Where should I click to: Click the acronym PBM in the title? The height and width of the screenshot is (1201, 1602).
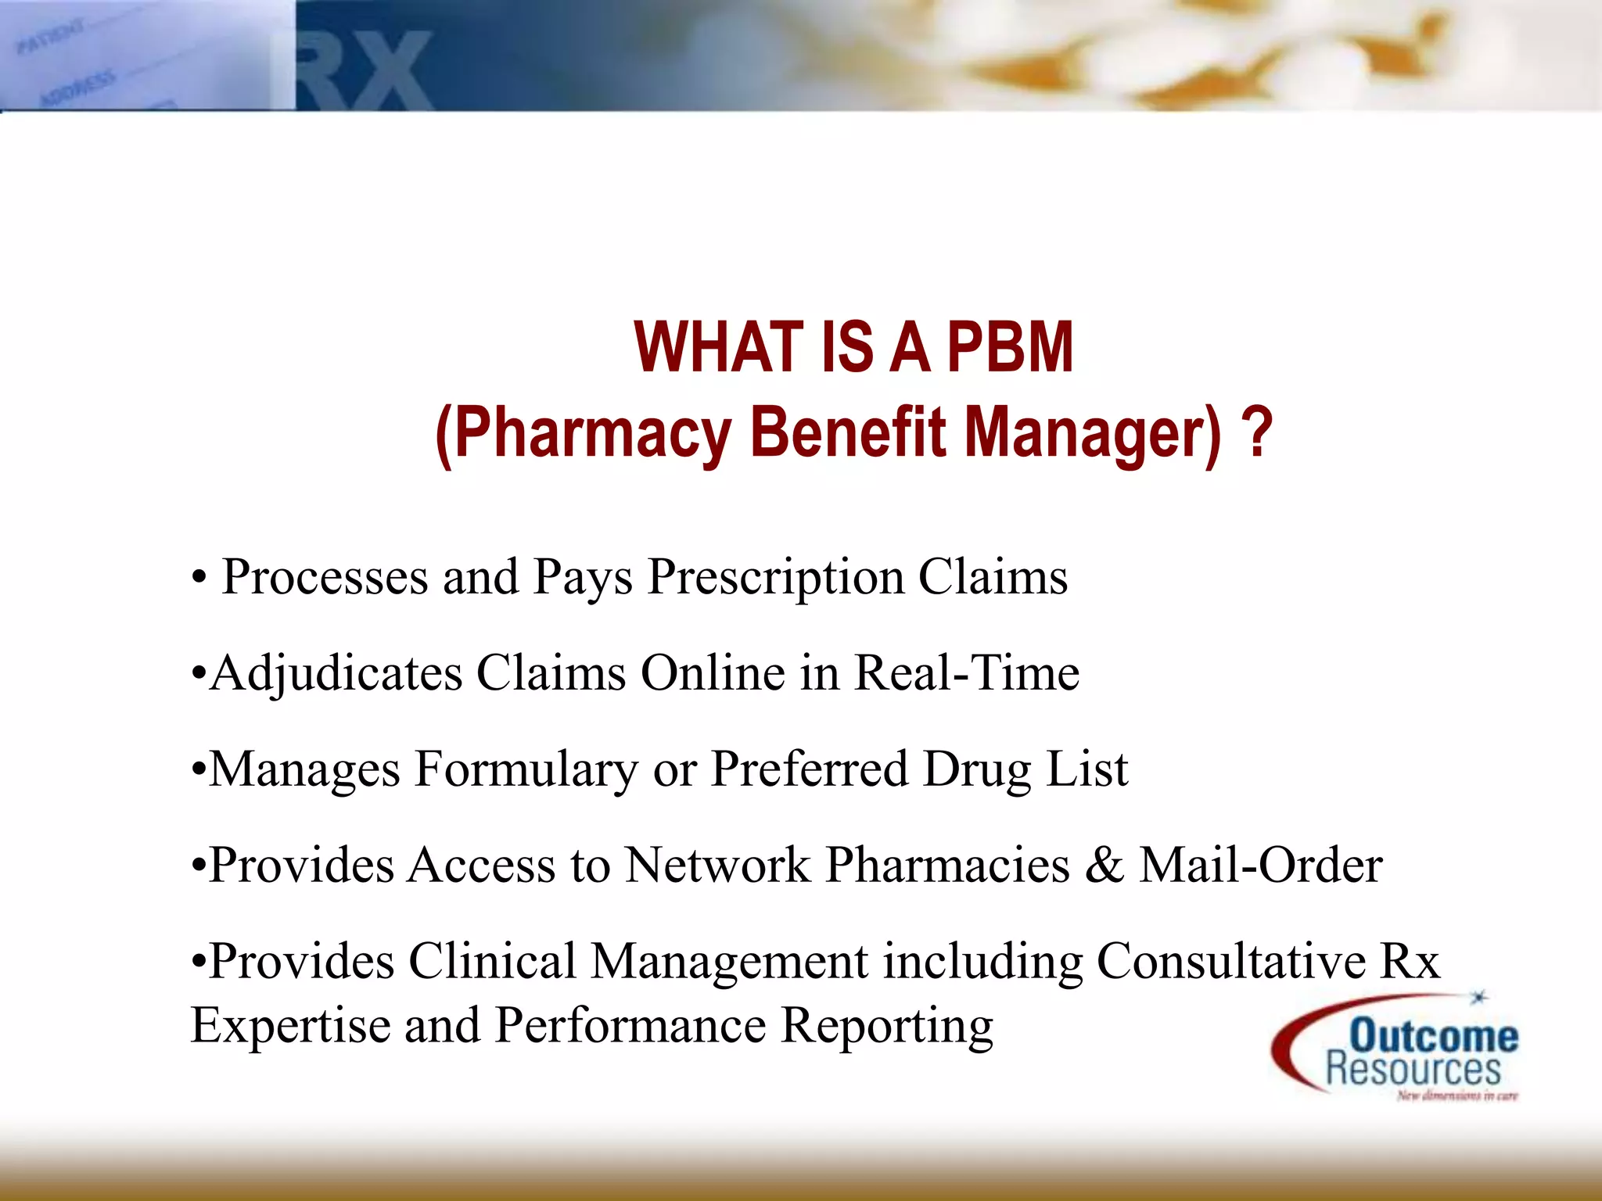pos(1010,347)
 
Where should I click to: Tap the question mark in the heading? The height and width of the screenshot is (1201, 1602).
pos(1257,432)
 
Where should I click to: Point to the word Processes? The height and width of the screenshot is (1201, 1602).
pos(325,578)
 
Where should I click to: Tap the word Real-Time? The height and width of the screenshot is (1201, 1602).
pos(966,673)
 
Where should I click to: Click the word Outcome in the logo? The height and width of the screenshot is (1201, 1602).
pos(1434,1036)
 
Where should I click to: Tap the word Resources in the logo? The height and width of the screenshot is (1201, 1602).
pos(1413,1070)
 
